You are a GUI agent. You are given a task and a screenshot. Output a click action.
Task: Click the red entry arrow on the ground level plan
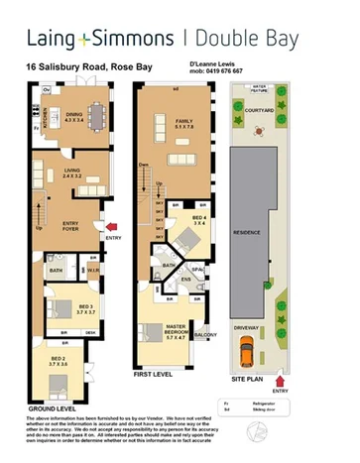click(x=111, y=228)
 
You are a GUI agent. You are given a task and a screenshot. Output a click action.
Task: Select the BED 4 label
click(x=198, y=220)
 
